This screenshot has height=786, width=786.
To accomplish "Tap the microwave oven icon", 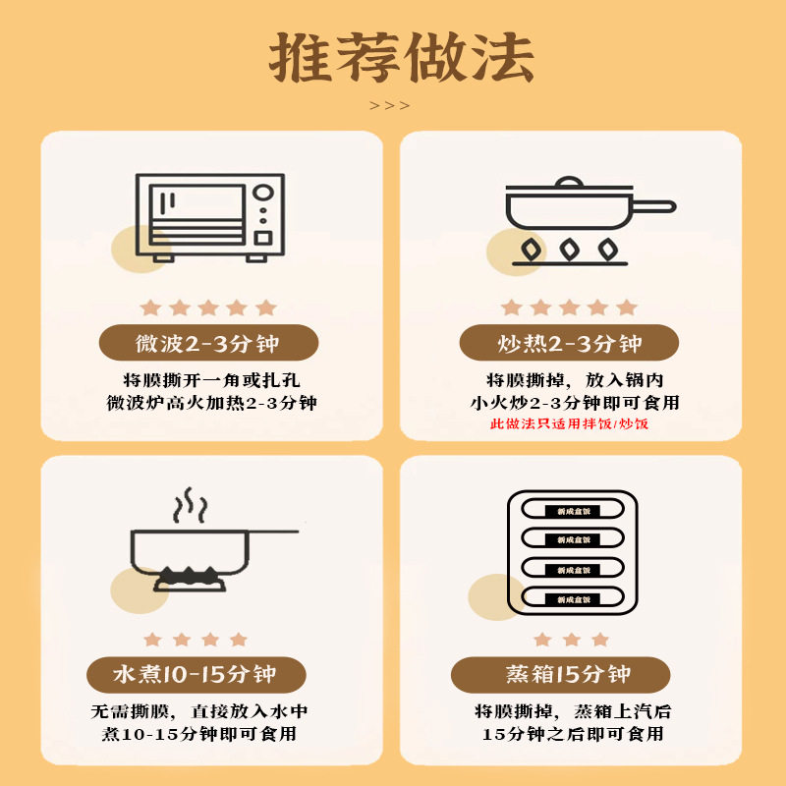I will pos(210,217).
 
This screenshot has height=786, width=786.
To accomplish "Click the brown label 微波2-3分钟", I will pos(207,344).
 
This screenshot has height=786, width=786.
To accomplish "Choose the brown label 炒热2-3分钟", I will pos(570,344).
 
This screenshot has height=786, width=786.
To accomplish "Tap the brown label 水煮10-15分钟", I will pos(196,675).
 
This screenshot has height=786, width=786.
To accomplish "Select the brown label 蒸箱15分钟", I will pos(560,675).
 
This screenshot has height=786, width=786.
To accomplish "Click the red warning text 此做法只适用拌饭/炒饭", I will pos(570,424).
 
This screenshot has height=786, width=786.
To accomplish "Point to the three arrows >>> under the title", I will pos(390,106).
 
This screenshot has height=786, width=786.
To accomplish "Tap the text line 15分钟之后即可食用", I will pos(572,734).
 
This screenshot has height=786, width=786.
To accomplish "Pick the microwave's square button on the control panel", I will pos(263,238).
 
